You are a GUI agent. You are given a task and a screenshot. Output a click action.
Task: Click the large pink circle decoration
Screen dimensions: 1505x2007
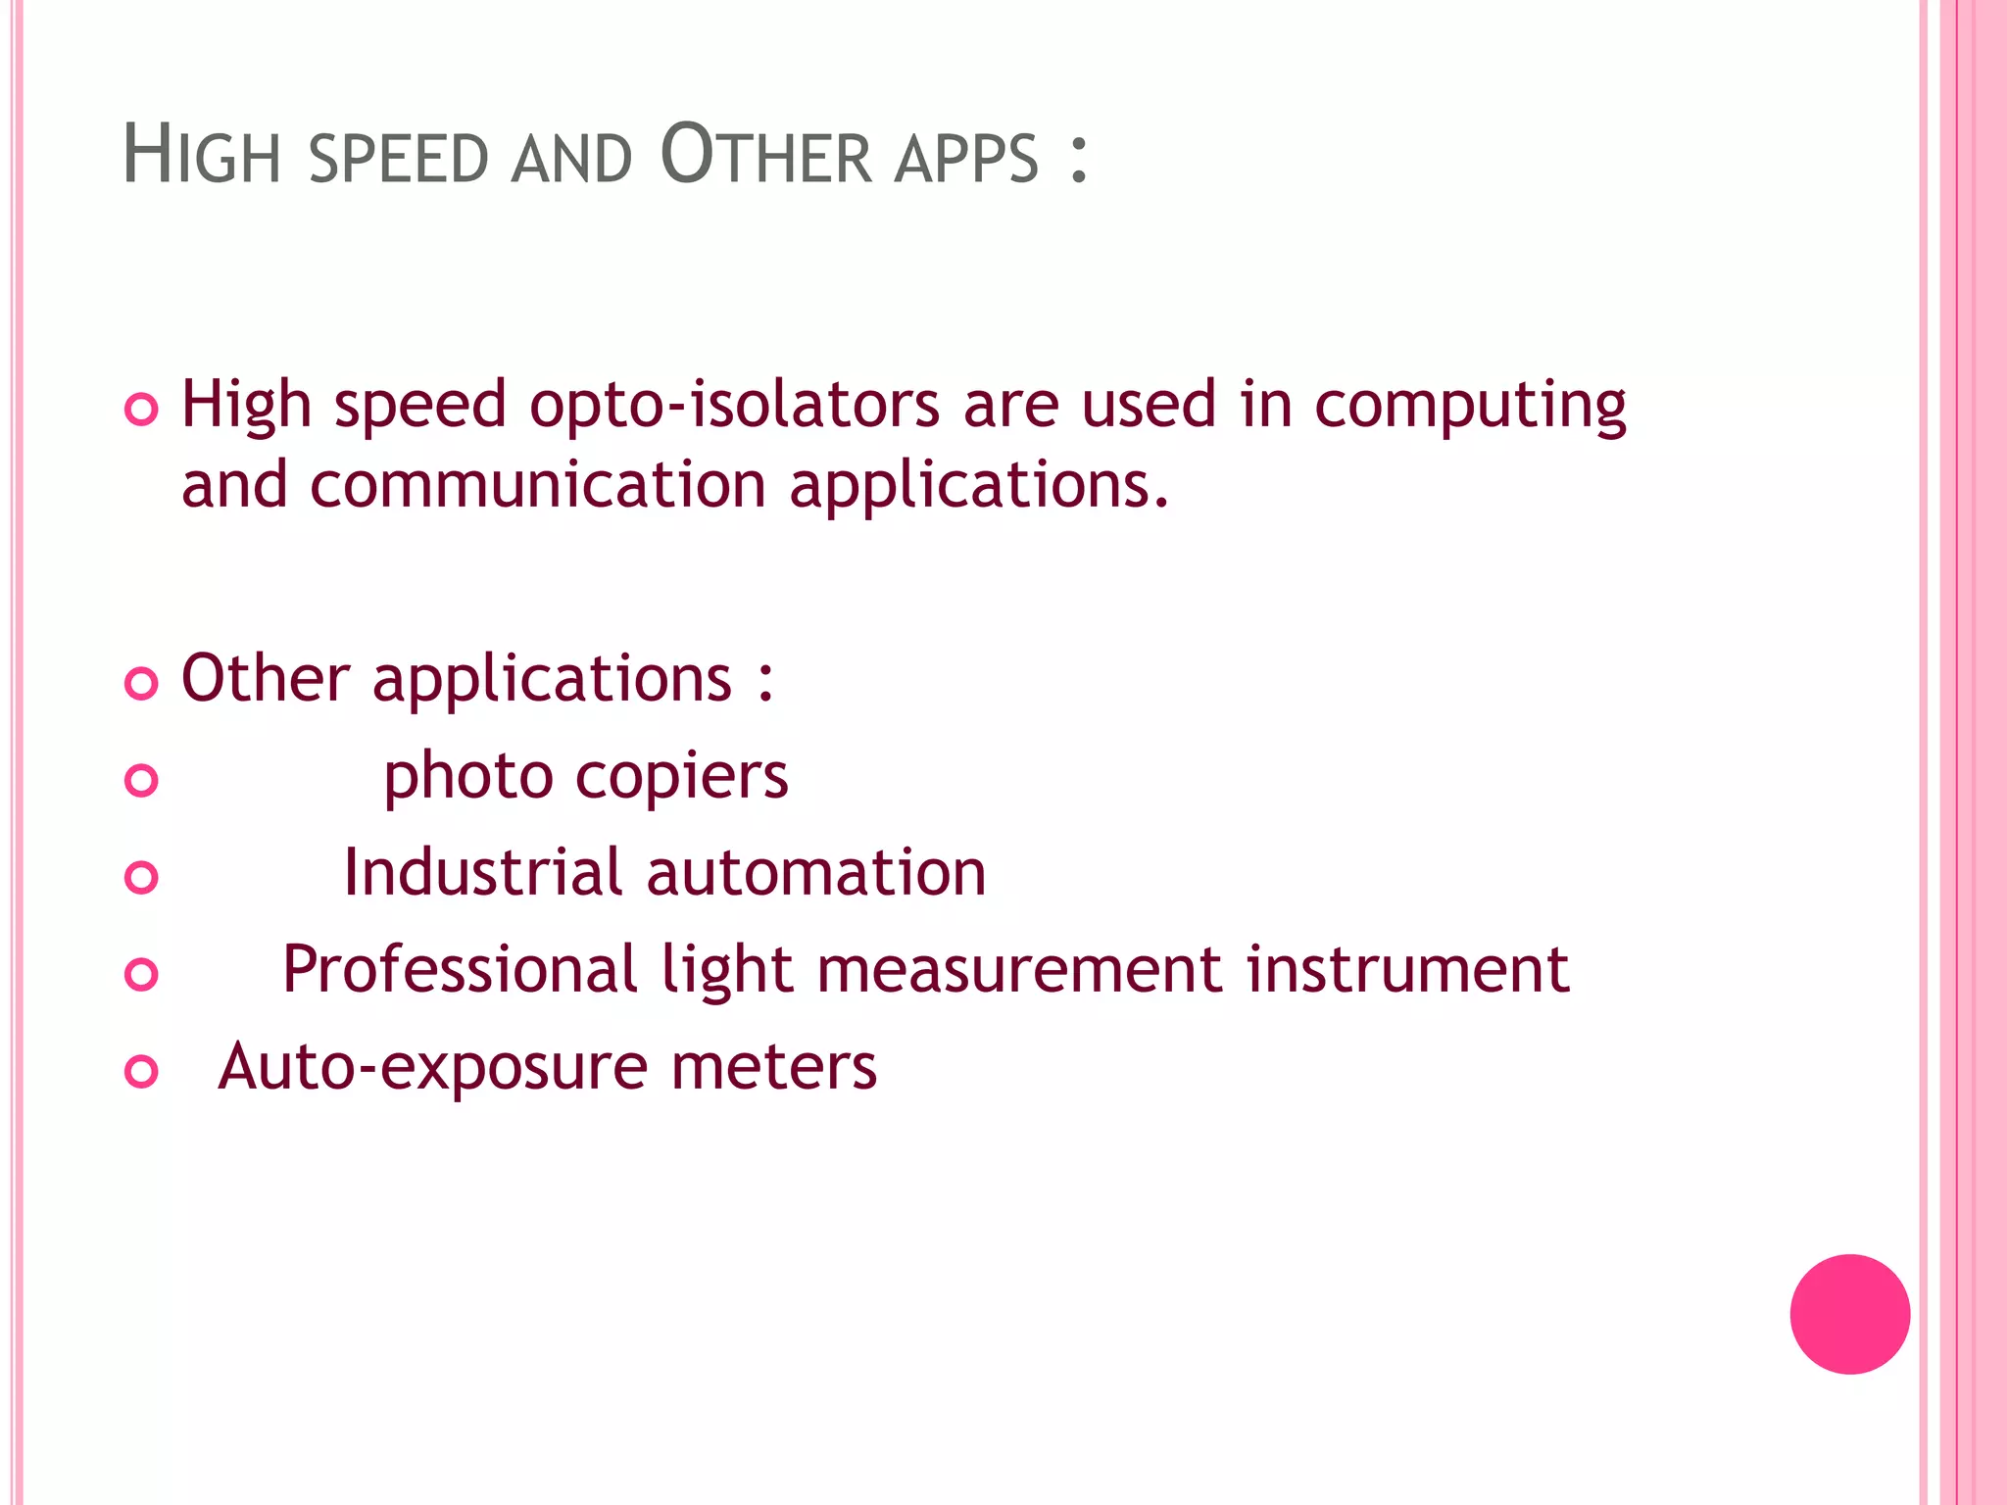point(1849,1314)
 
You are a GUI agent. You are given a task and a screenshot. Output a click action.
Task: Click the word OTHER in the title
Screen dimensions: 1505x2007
point(765,156)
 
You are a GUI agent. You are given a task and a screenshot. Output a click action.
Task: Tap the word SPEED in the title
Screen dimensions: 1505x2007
point(398,160)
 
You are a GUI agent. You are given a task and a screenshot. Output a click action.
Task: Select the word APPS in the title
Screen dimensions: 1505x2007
point(965,160)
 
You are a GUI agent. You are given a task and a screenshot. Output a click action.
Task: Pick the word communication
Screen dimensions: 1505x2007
point(538,485)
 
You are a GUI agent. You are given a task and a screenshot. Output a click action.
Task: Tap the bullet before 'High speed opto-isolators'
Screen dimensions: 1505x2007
point(142,409)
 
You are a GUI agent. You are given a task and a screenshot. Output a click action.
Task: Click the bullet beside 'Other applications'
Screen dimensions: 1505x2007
point(142,683)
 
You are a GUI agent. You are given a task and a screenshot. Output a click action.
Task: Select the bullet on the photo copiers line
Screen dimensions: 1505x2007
point(142,780)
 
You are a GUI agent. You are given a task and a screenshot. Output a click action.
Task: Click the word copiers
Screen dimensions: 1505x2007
point(681,778)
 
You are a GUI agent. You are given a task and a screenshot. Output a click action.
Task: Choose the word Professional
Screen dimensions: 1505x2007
point(460,970)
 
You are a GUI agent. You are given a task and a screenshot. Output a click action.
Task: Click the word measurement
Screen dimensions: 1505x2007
point(1019,970)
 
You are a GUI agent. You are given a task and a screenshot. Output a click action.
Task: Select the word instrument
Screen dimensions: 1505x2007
point(1408,970)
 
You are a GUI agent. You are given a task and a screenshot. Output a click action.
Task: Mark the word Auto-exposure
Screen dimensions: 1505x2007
point(432,1068)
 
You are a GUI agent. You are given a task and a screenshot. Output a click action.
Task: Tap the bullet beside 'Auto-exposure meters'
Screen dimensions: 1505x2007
point(142,1071)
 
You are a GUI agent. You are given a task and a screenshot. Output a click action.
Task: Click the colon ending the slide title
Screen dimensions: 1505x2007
point(1079,160)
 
